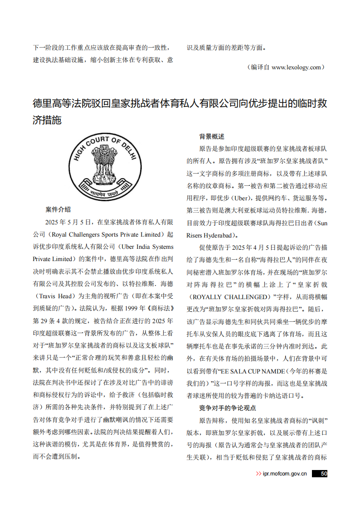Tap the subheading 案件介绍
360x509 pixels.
pos(58,209)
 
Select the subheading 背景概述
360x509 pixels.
pos(212,136)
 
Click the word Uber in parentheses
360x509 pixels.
pos(241,198)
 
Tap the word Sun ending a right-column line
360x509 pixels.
pos(321,223)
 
